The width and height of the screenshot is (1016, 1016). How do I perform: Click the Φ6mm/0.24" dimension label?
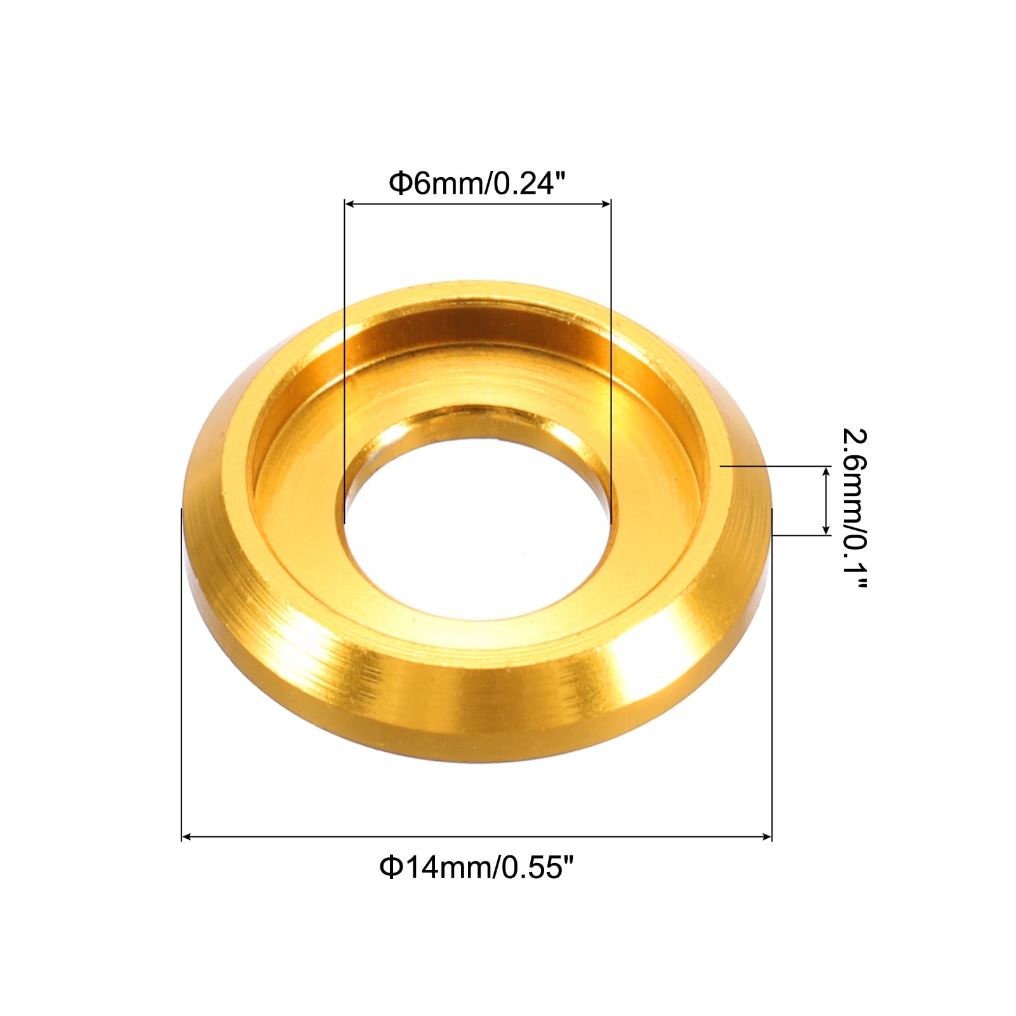coord(477,184)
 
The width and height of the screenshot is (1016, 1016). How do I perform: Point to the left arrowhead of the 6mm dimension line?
coord(349,204)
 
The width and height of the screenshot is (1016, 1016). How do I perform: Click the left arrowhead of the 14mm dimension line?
coord(187,838)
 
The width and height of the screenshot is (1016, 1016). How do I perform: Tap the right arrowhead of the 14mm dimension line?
coord(767,838)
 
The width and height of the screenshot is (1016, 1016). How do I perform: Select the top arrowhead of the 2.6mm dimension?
coord(825,471)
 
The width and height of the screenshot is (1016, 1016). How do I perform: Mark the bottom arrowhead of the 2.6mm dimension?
coord(825,530)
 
